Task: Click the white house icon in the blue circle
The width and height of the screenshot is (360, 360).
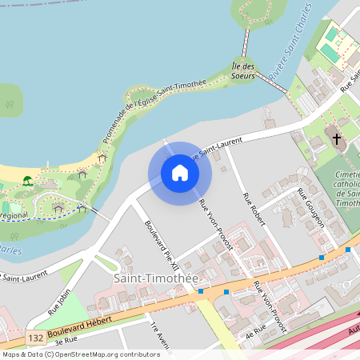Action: point(180,173)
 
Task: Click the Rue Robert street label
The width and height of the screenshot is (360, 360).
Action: point(253,207)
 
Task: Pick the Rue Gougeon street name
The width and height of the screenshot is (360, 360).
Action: point(311,208)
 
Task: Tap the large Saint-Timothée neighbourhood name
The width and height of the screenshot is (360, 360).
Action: point(155,277)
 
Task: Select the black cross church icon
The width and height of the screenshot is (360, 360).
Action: point(337,139)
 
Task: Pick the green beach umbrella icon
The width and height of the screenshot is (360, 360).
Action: point(27,180)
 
